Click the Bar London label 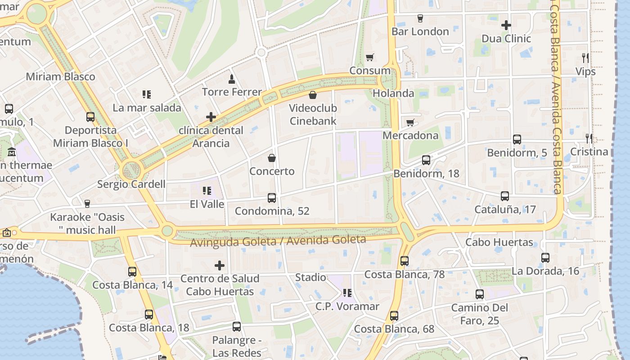tap(420, 31)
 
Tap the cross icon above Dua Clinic tap(506, 25)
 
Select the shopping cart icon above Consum tap(370, 57)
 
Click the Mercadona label tap(410, 135)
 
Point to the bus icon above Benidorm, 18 tap(426, 160)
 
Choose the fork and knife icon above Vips tap(585, 58)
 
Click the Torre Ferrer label tap(232, 92)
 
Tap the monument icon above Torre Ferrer tap(232, 79)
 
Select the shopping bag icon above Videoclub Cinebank tap(313, 95)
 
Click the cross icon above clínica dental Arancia tap(211, 117)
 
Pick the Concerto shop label tap(272, 171)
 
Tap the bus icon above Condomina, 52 tap(272, 198)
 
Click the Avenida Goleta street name tap(278, 241)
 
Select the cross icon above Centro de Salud tap(220, 265)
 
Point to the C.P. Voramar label tap(347, 306)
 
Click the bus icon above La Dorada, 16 tap(545, 258)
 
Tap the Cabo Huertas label tap(499, 243)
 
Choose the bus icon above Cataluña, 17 tap(505, 196)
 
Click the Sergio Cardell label tap(131, 184)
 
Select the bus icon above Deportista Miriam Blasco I tap(90, 117)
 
